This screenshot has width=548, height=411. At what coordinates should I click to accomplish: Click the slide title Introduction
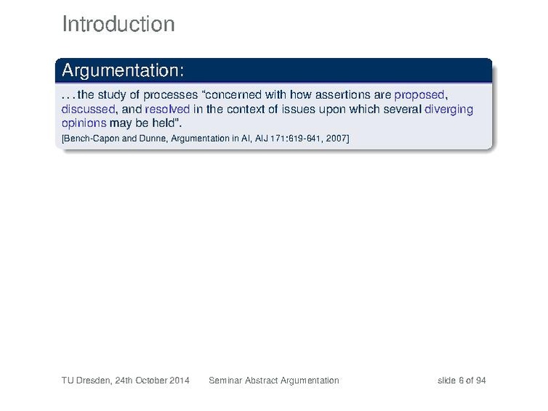[118, 24]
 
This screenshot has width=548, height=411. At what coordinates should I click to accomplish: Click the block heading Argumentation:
[123, 70]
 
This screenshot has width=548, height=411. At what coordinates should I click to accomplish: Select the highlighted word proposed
[419, 95]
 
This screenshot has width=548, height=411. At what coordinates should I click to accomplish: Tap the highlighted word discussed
[88, 110]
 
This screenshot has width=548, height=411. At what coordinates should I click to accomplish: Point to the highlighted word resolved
[167, 110]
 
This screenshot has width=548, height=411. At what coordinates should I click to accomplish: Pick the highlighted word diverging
[448, 110]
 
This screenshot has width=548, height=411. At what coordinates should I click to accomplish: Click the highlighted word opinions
[84, 123]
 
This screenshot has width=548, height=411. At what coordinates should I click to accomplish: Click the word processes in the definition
[170, 95]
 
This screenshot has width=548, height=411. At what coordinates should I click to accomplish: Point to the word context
[246, 110]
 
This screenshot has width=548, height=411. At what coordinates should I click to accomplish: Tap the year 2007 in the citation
[336, 139]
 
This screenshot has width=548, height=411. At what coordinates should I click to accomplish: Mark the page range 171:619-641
[296, 139]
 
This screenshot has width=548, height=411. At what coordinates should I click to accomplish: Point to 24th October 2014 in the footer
[152, 381]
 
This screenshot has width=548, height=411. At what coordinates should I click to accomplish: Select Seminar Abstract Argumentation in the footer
[274, 381]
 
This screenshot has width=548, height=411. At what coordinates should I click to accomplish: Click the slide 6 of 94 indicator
[462, 381]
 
